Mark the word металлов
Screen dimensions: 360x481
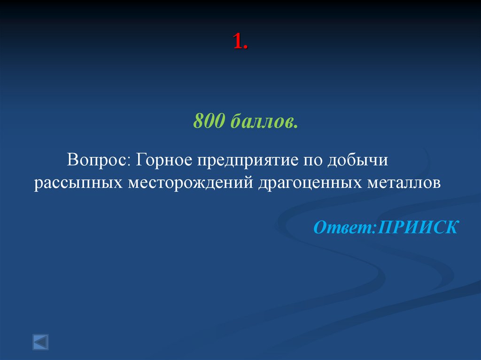[x=402, y=183]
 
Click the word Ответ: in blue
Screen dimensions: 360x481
[x=345, y=227]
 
